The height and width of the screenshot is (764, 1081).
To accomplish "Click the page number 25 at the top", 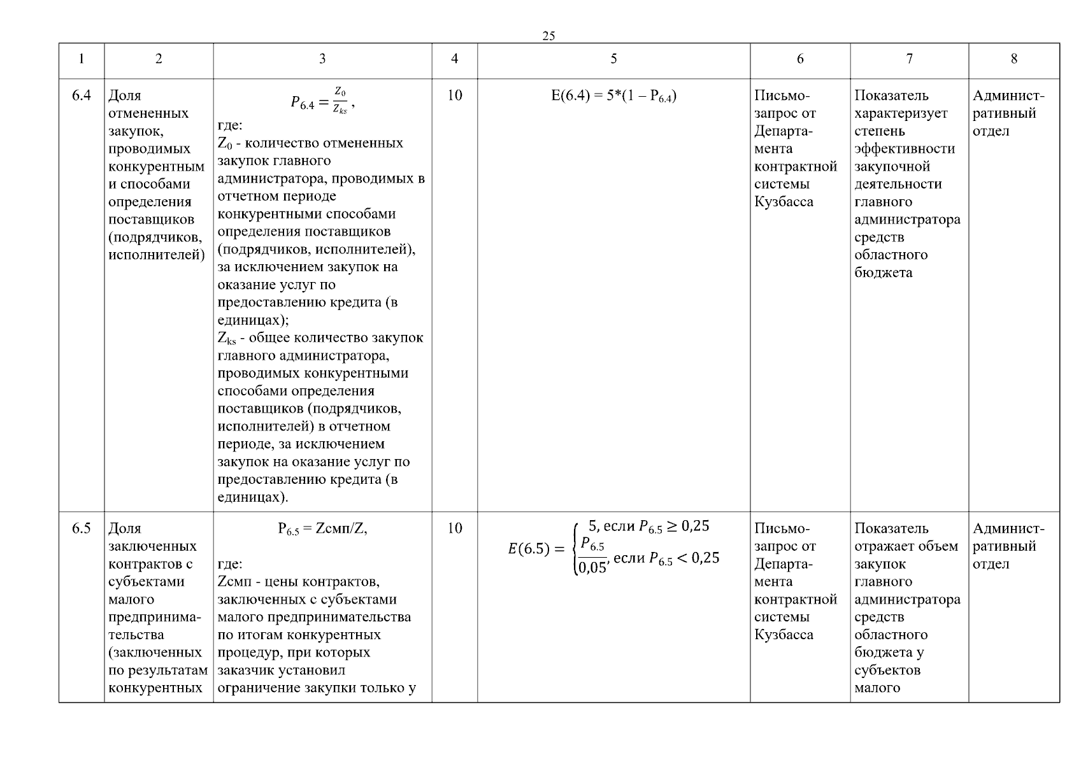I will point(548,36).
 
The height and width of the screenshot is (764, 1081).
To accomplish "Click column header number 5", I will point(613,59).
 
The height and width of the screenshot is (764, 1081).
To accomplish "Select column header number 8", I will point(1013,59).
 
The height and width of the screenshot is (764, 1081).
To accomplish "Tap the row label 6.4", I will point(82,95).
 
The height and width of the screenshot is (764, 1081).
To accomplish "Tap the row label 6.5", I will point(82,528).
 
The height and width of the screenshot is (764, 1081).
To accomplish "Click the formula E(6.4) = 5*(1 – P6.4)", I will point(613,96).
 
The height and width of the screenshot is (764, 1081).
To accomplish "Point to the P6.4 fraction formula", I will point(322,102).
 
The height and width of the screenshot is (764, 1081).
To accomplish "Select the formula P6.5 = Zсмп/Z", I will point(322,529).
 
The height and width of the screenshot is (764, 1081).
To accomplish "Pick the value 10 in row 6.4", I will point(454,95).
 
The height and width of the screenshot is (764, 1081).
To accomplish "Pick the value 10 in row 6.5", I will point(454,528).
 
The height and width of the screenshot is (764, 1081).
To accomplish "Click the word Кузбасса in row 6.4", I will point(784,202).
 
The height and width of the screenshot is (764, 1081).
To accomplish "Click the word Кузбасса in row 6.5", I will point(784,635).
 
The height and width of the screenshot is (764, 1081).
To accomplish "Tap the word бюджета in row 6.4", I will point(883,273).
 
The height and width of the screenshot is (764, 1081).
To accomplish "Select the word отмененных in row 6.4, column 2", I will point(148,113).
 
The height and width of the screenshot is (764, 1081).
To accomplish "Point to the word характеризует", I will point(901,113).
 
